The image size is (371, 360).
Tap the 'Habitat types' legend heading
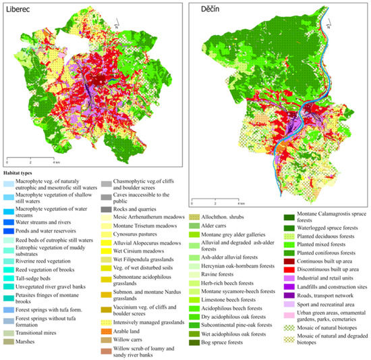point(24,172)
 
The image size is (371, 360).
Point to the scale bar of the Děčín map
point(216,201)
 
